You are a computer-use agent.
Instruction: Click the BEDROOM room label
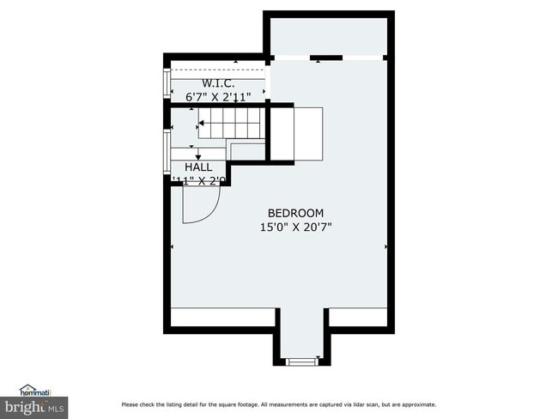click(295, 213)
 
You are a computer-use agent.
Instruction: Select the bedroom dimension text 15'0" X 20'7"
click(295, 228)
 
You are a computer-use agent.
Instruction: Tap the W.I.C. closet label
click(219, 83)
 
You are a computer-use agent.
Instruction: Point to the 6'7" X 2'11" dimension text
click(219, 98)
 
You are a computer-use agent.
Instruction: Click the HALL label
click(198, 167)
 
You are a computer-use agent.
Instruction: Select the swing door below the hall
click(202, 204)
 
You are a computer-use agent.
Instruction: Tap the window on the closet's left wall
click(167, 82)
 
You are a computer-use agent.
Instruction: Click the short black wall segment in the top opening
click(326, 58)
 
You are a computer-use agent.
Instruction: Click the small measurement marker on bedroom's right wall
click(385, 246)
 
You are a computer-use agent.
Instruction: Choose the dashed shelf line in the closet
click(219, 72)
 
